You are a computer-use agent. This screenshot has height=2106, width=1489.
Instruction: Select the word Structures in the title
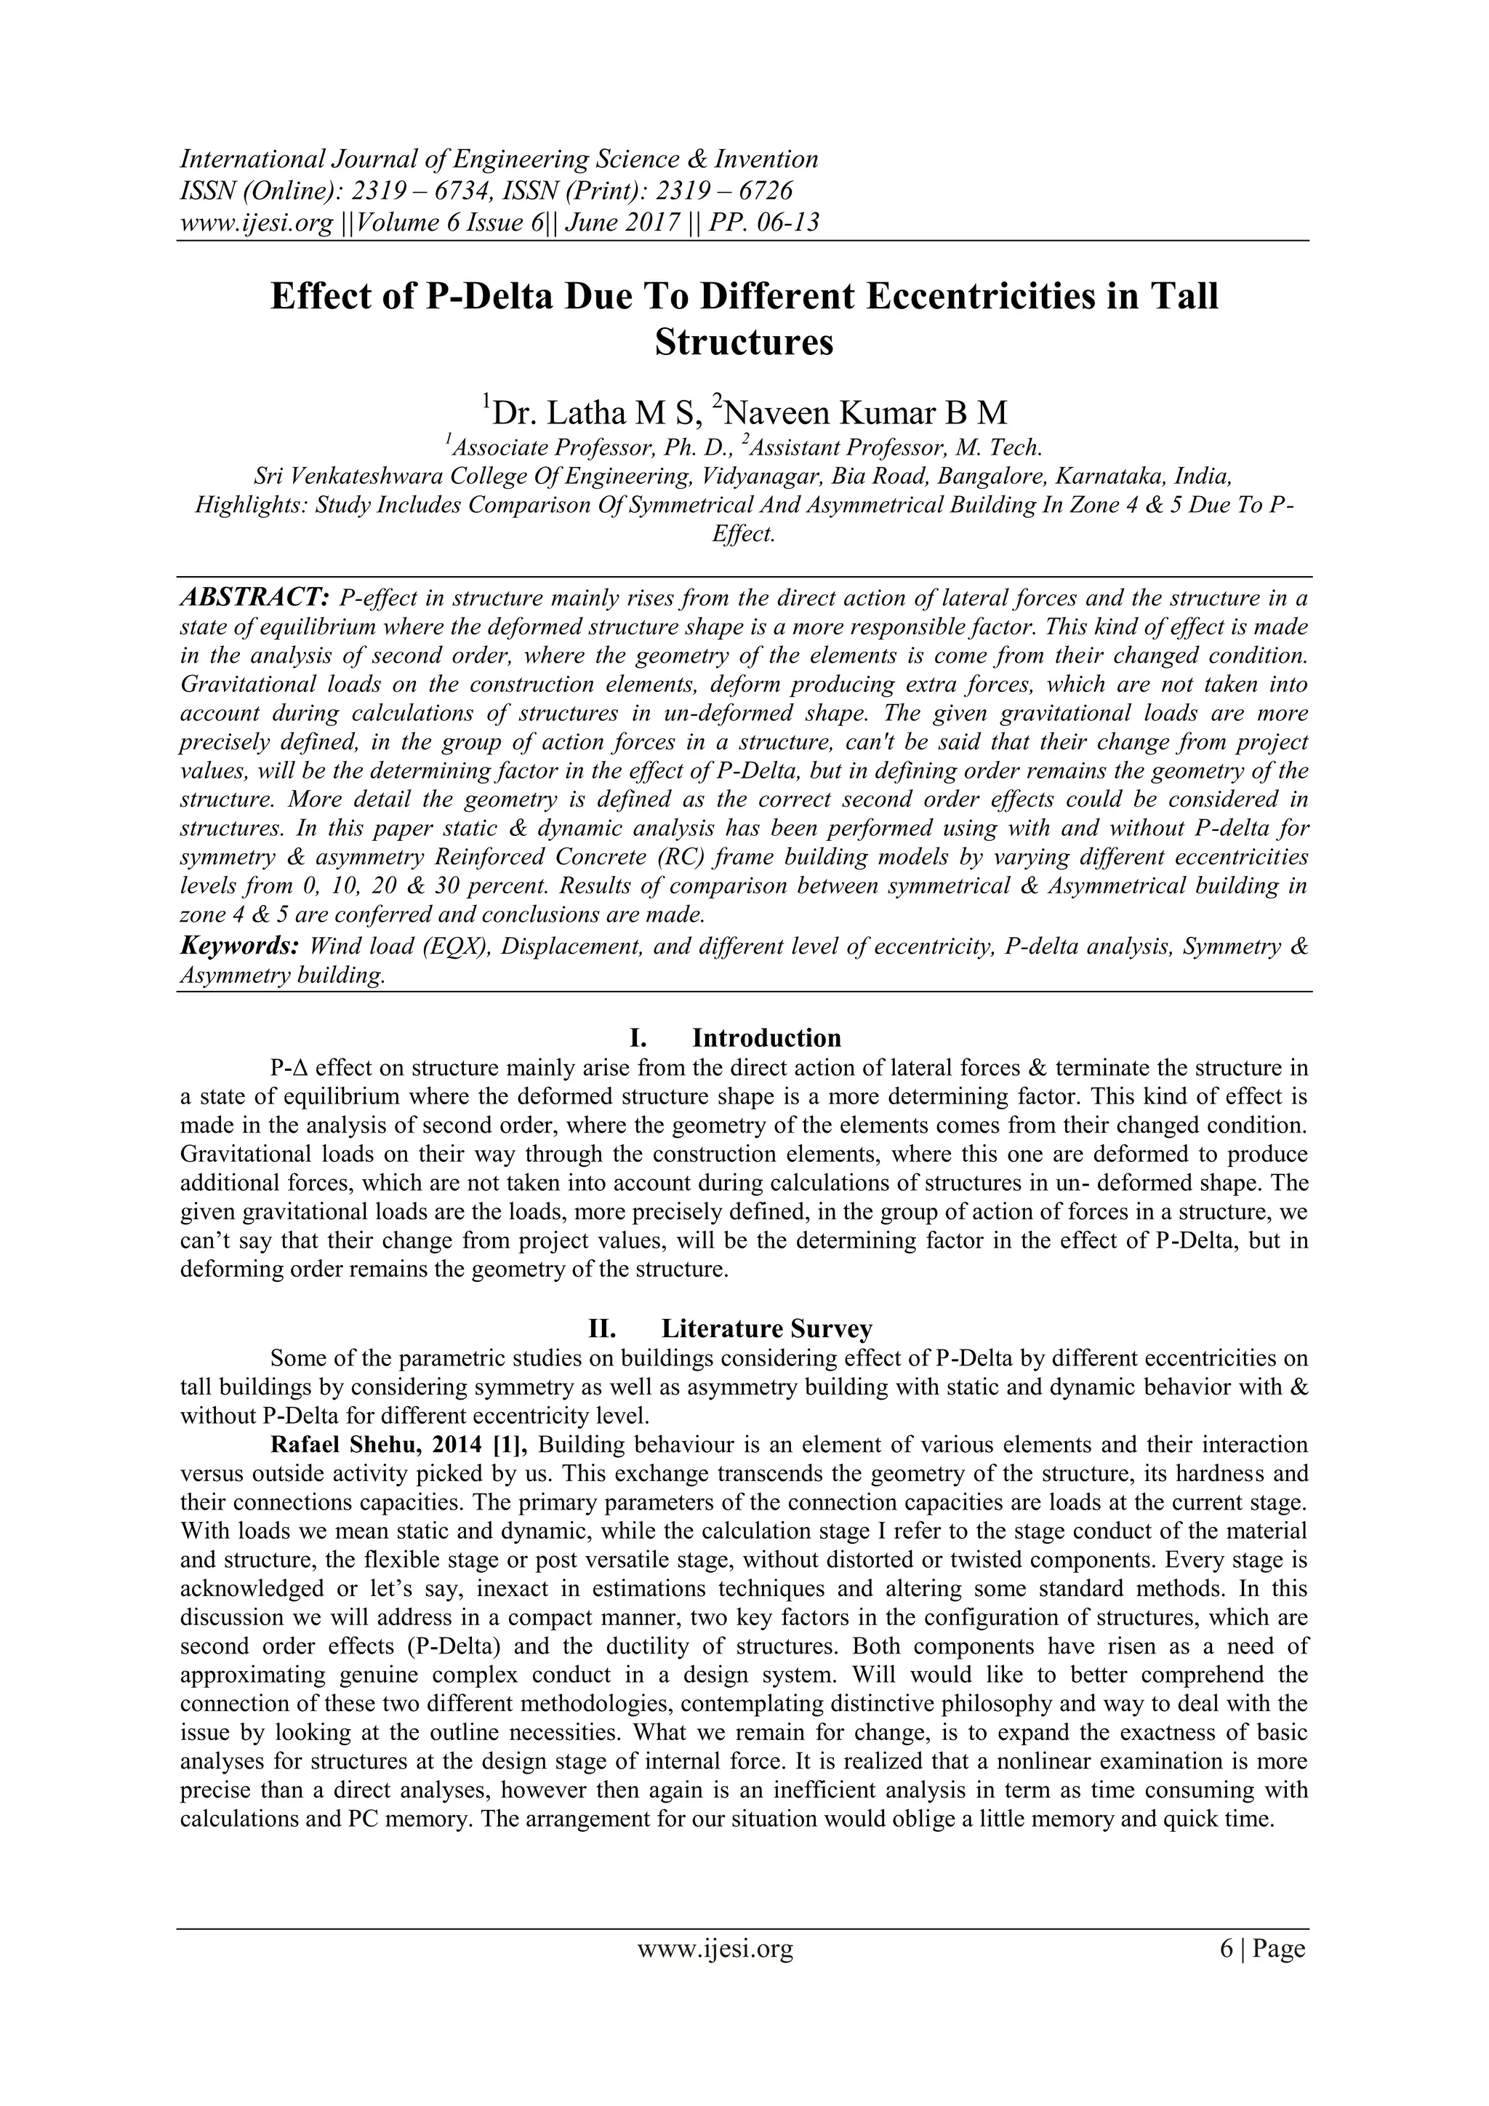tap(744, 343)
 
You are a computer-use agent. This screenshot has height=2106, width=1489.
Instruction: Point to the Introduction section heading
tap(766, 1037)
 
